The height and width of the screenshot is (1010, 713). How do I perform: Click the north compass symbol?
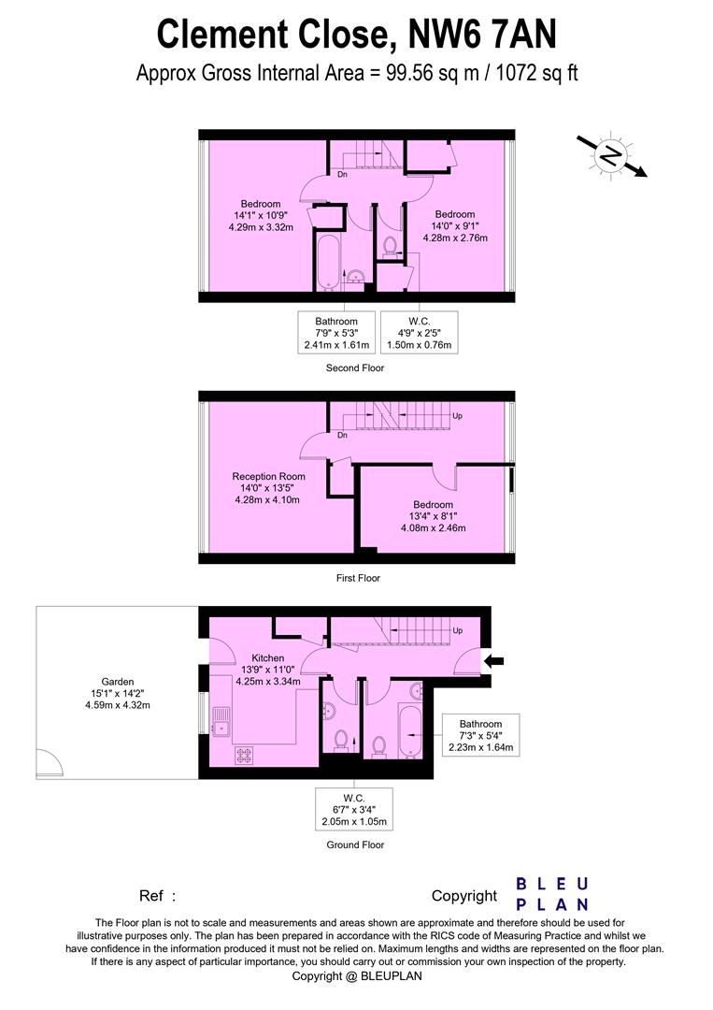(x=611, y=154)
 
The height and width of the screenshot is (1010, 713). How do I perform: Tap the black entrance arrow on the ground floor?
(x=495, y=662)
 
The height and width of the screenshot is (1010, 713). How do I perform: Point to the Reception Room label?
(x=269, y=477)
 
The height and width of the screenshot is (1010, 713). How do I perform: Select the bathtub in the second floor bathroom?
(x=326, y=262)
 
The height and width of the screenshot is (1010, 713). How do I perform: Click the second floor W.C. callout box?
(x=419, y=333)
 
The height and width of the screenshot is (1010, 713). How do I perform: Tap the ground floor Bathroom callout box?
(x=480, y=735)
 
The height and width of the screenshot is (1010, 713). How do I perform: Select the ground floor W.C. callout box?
(x=352, y=810)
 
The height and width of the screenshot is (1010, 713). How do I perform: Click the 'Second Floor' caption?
(x=354, y=368)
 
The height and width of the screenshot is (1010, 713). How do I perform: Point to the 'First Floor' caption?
(x=358, y=579)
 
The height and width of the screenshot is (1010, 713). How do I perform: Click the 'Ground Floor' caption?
(x=354, y=844)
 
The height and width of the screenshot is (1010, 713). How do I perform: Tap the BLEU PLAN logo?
(x=552, y=894)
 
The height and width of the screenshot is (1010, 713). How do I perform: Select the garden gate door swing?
(x=49, y=765)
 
